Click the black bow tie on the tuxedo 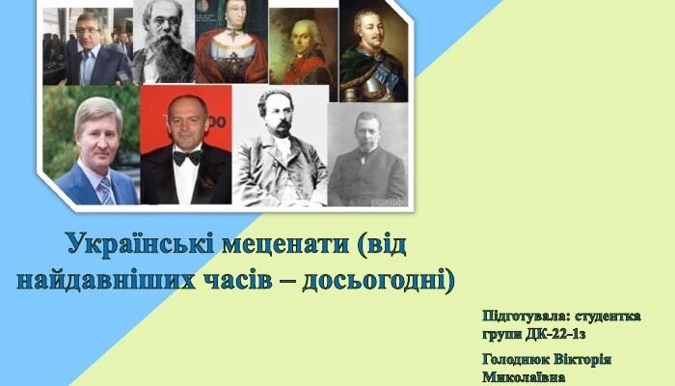[x=187, y=156]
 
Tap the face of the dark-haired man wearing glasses [x=89, y=37]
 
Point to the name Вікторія [x=588, y=359]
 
